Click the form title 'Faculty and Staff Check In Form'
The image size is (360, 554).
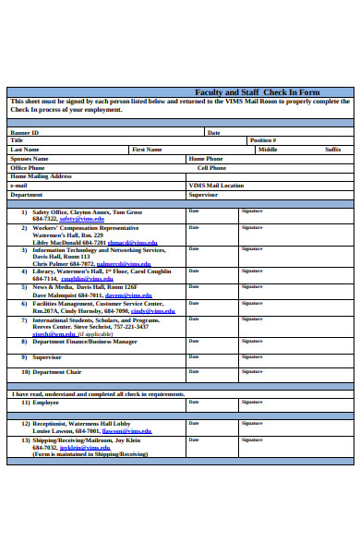click(258, 92)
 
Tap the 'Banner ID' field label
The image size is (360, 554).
click(26, 132)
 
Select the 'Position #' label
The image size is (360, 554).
click(262, 140)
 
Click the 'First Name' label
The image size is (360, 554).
click(147, 149)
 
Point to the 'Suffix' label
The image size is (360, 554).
click(332, 149)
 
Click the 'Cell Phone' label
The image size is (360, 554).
click(210, 168)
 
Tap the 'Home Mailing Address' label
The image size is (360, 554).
click(41, 176)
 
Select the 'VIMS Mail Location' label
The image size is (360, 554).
click(216, 186)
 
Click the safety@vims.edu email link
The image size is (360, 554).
click(78, 219)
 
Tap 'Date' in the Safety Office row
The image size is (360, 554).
click(194, 211)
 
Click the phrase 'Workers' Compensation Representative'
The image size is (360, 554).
click(85, 227)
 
